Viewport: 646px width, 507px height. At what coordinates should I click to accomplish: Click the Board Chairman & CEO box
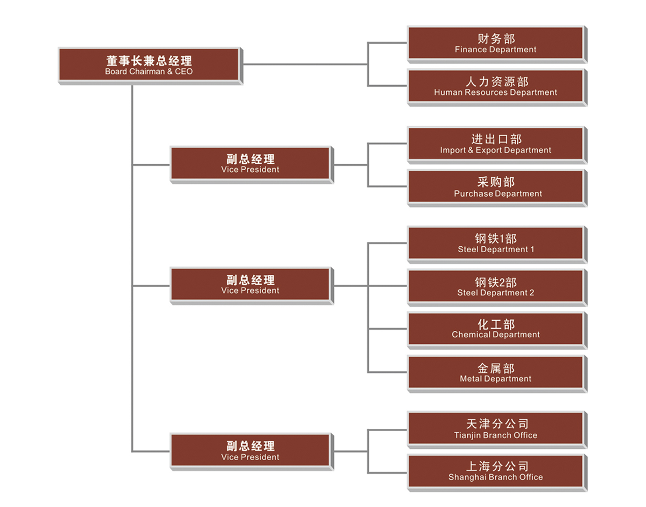click(149, 65)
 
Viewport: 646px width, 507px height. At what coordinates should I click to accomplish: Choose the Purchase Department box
click(495, 187)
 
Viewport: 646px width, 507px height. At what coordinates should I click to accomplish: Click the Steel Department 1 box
click(495, 243)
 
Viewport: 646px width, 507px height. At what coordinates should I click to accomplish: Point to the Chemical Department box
click(495, 329)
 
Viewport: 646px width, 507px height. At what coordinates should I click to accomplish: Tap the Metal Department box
click(495, 372)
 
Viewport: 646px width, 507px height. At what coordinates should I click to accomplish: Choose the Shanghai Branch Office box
click(495, 471)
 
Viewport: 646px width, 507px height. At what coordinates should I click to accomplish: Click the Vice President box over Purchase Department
click(250, 164)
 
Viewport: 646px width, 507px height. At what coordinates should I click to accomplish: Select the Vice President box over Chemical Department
click(250, 284)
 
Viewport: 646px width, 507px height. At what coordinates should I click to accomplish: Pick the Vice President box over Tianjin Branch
click(250, 450)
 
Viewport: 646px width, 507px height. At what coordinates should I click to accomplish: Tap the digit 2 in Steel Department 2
click(531, 293)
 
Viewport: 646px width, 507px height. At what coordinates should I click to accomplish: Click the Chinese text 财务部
click(496, 39)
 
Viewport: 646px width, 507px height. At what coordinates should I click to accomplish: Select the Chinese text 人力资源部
click(496, 82)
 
